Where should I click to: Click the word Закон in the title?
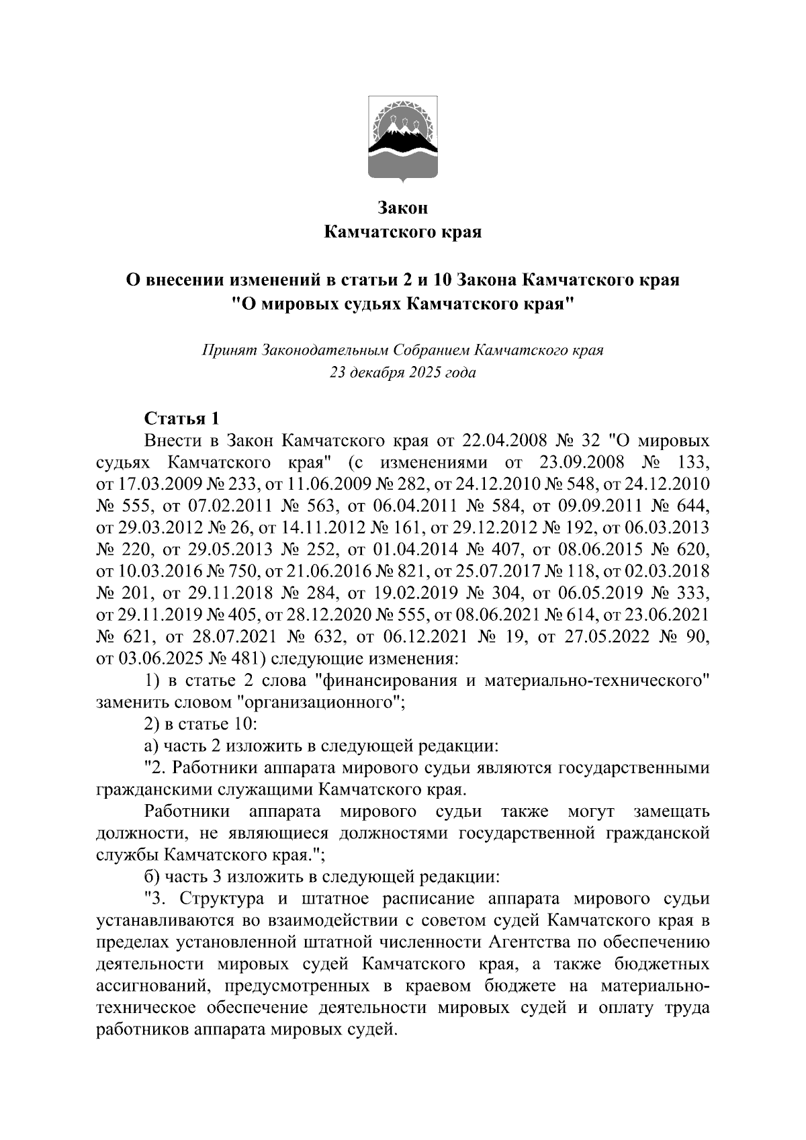(402, 208)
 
